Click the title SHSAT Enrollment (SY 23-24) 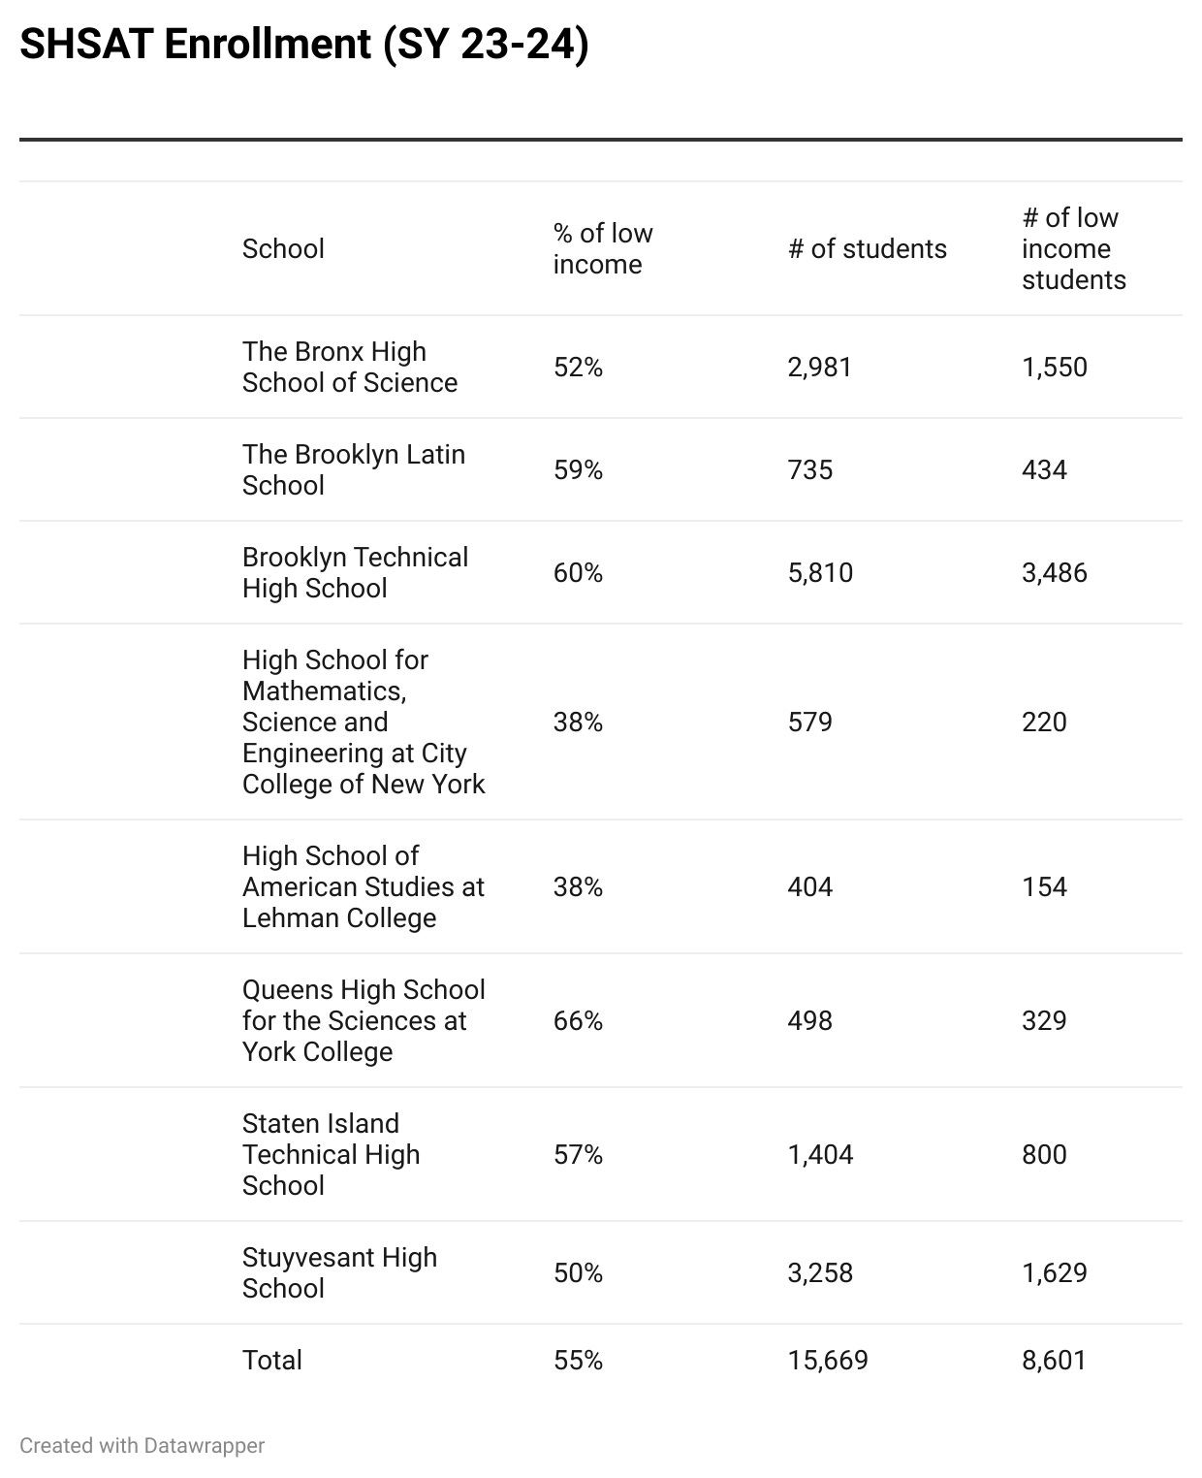pyautogui.click(x=303, y=45)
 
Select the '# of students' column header pyautogui.click(x=867, y=249)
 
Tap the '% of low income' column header pyautogui.click(x=602, y=249)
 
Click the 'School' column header pyautogui.click(x=283, y=249)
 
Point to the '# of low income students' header pyautogui.click(x=1073, y=249)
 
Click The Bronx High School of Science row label pyautogui.click(x=349, y=368)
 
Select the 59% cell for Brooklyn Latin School pyautogui.click(x=578, y=470)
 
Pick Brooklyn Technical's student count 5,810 pyautogui.click(x=820, y=573)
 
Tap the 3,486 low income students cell pyautogui.click(x=1054, y=573)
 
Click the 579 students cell pyautogui.click(x=809, y=723)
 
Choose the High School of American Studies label pyautogui.click(x=363, y=887)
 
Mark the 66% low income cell pyautogui.click(x=578, y=1021)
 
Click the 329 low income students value pyautogui.click(x=1044, y=1021)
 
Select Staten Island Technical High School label pyautogui.click(x=331, y=1155)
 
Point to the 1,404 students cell pyautogui.click(x=820, y=1155)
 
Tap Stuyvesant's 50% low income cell pyautogui.click(x=578, y=1273)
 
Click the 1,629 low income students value pyautogui.click(x=1054, y=1273)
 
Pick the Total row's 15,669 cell pyautogui.click(x=827, y=1361)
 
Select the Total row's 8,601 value pyautogui.click(x=1054, y=1361)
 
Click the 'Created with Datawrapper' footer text pyautogui.click(x=142, y=1446)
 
